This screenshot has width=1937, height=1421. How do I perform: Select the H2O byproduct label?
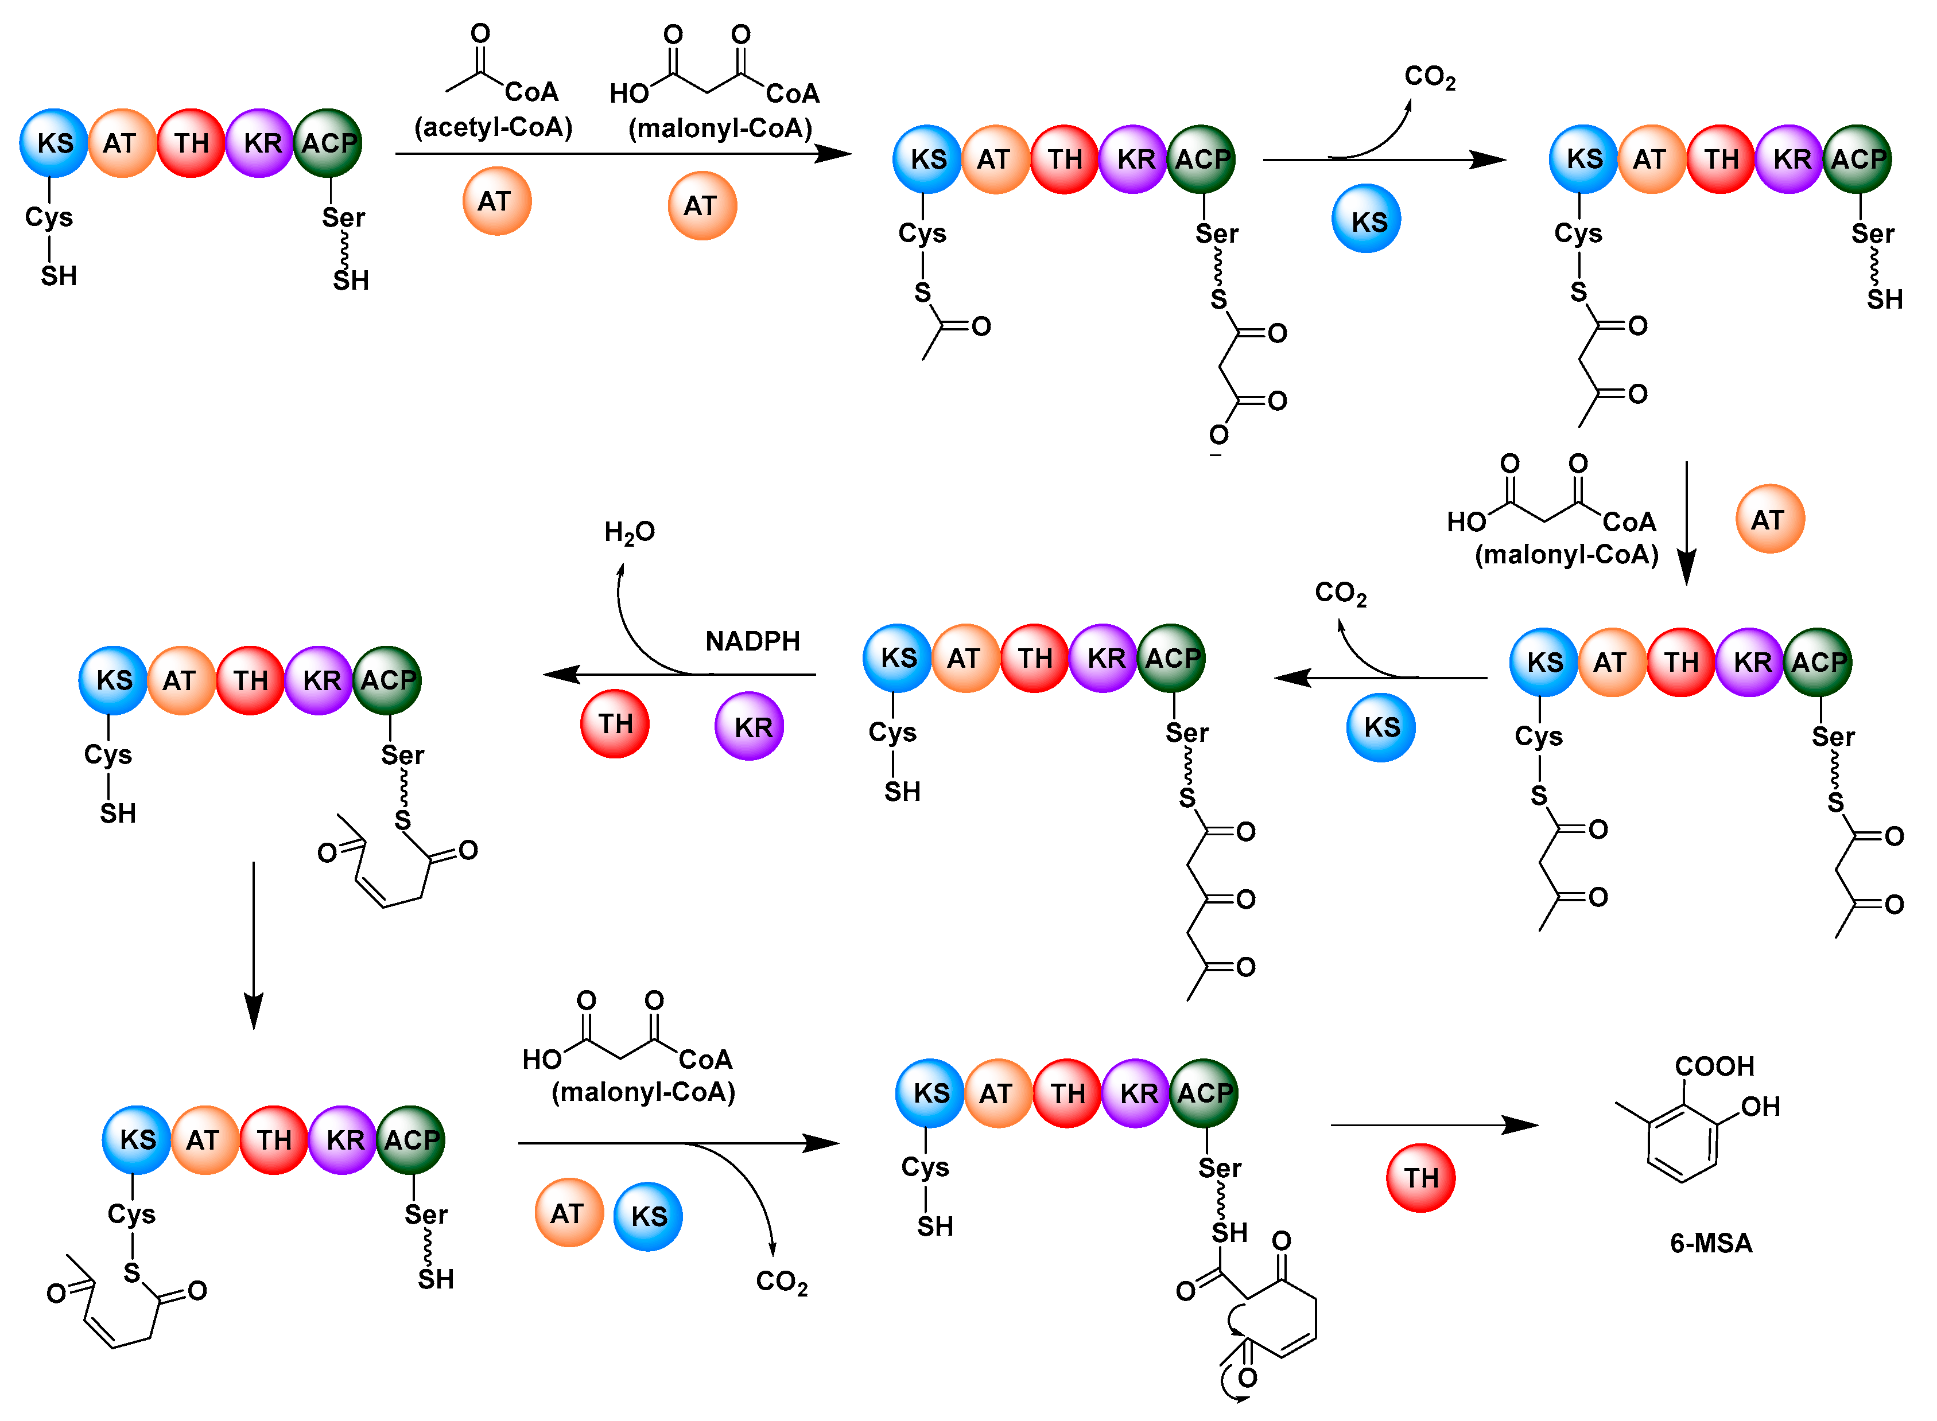click(629, 532)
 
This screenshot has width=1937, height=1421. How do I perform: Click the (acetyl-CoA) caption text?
click(493, 127)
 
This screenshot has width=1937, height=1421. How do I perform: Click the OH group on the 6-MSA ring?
click(1760, 1107)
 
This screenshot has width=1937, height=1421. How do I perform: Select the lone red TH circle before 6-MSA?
click(1420, 1178)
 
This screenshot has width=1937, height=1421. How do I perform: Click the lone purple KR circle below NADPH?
click(748, 727)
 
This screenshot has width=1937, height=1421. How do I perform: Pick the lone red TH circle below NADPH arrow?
click(615, 724)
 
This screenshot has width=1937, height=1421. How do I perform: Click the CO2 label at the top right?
click(1429, 77)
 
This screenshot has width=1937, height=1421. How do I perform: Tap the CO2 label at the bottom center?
click(781, 1282)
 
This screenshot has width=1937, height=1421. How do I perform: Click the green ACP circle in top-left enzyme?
click(327, 143)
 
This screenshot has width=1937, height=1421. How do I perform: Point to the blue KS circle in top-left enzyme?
click(53, 143)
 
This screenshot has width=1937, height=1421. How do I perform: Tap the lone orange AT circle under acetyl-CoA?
click(496, 201)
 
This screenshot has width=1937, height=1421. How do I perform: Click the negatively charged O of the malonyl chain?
click(1218, 436)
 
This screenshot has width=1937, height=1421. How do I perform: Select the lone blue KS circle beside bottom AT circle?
click(648, 1216)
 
